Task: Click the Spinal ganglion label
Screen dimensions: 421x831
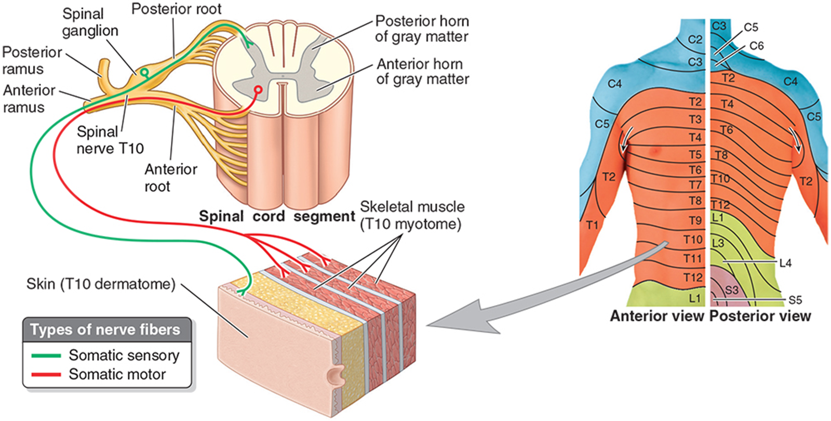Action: pos(90,22)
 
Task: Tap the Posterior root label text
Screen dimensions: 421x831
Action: pos(176,9)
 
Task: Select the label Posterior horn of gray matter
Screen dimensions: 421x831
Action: pos(422,29)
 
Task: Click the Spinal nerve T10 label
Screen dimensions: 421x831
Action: pos(110,140)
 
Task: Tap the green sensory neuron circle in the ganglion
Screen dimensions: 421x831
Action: pos(144,72)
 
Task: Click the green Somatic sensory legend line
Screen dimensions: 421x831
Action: pos(46,356)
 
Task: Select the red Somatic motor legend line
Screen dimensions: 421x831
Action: pos(46,374)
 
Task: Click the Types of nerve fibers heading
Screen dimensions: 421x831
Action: pos(105,330)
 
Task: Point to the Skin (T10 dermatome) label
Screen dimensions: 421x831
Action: pos(101,284)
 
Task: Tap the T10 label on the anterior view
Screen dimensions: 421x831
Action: pos(693,240)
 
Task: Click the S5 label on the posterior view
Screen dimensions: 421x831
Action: pos(795,300)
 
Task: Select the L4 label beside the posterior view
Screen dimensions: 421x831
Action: pos(785,264)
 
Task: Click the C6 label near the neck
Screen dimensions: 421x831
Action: pos(756,46)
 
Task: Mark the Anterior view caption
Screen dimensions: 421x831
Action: pos(657,316)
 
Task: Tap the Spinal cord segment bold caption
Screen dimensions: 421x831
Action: pos(277,217)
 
